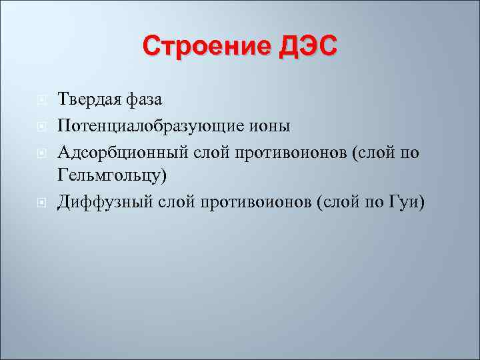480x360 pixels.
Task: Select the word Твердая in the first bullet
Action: point(89,99)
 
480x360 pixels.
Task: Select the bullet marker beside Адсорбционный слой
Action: point(41,153)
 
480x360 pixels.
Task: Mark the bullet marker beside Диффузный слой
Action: point(41,202)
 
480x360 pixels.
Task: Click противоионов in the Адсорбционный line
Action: point(283,153)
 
